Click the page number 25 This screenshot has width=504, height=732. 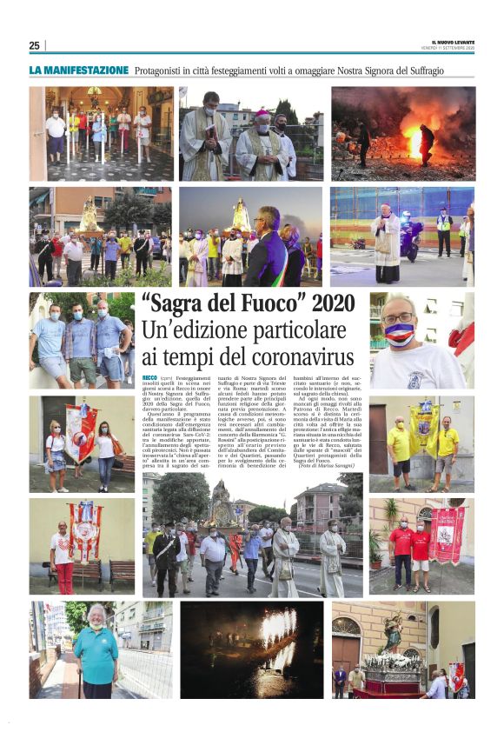point(34,45)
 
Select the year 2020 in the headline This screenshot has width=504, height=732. point(330,305)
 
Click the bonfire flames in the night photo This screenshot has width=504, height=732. point(414,139)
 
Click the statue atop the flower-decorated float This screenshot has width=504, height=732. point(394,632)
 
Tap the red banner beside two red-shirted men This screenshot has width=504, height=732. point(448,533)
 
